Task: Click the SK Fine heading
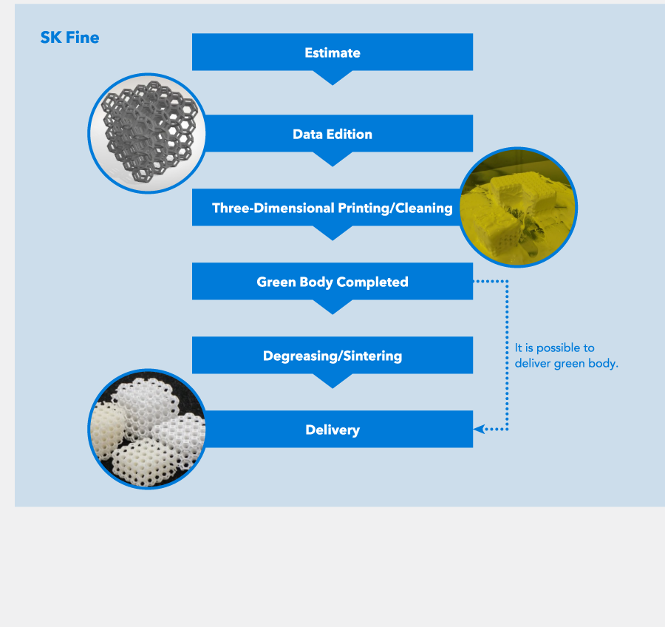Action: (x=69, y=38)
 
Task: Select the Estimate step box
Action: (x=332, y=52)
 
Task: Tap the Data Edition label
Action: (x=332, y=134)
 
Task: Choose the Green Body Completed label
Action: (x=332, y=282)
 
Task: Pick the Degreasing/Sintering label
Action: (x=332, y=356)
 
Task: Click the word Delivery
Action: (x=332, y=430)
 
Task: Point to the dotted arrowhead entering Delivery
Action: (x=479, y=429)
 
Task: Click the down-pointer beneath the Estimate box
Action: (x=332, y=77)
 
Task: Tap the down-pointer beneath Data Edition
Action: (x=332, y=159)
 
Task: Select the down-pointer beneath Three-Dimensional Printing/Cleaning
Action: (x=332, y=233)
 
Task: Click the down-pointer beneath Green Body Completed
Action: (x=332, y=307)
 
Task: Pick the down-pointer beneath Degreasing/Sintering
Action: (x=332, y=380)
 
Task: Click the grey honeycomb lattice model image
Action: (x=148, y=133)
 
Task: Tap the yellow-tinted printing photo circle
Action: (x=517, y=207)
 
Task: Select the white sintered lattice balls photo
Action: (x=148, y=429)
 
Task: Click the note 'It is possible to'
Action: (x=554, y=348)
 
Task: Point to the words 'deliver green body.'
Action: (x=566, y=363)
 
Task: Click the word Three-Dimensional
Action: (x=273, y=208)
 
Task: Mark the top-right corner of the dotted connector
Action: (x=507, y=281)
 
